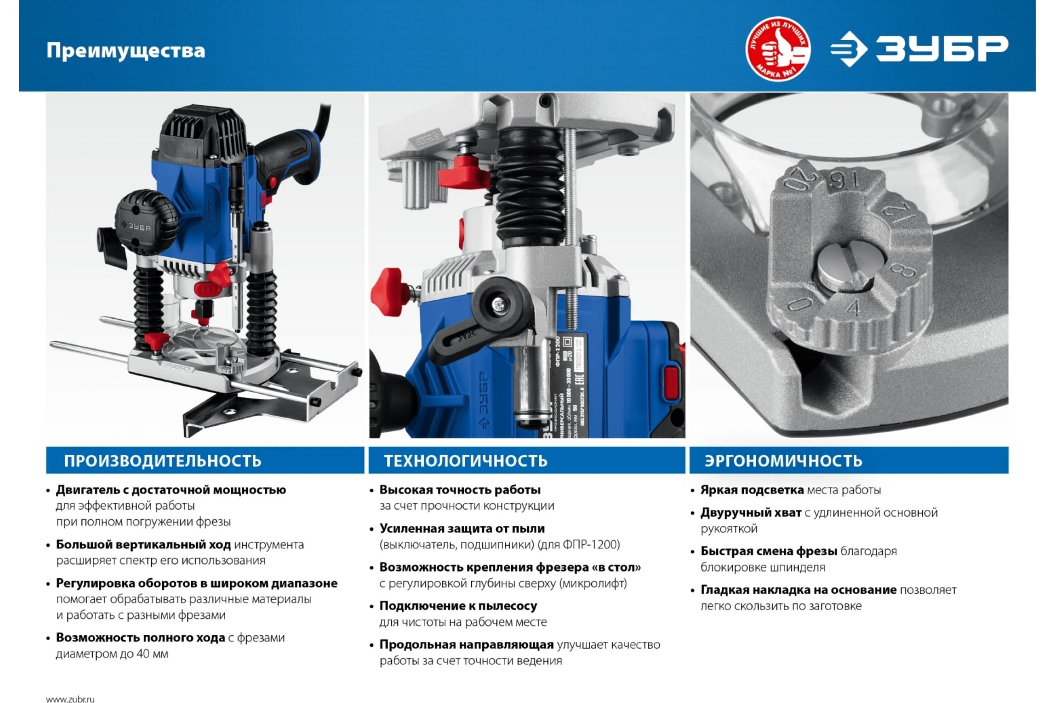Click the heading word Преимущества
[126, 51]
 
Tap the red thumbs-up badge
[778, 49]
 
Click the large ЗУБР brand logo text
[942, 49]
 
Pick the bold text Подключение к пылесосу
[458, 606]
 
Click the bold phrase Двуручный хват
[751, 512]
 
